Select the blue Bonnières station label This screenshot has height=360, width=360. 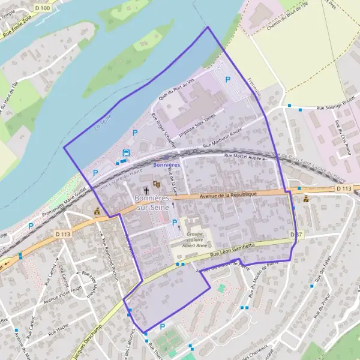click(166, 164)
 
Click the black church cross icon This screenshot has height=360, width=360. click(146, 190)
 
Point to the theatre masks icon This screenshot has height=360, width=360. click(157, 184)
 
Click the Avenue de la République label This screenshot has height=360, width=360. click(228, 194)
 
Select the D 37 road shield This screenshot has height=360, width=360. click(294, 234)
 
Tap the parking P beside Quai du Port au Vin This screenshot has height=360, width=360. click(227, 79)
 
